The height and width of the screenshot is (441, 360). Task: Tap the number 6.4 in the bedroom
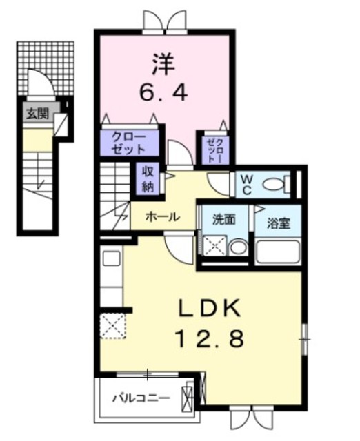(164, 92)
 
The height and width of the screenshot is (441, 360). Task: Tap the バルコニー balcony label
(141, 398)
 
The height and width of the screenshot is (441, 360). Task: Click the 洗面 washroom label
(223, 220)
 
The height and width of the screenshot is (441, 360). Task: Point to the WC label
(246, 184)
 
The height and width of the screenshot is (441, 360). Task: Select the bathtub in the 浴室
(278, 251)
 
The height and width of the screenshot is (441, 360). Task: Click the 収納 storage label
(148, 178)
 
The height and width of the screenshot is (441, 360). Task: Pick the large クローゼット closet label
(130, 143)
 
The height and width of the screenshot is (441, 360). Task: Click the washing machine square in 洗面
(215, 246)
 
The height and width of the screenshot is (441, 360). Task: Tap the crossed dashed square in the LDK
(113, 325)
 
